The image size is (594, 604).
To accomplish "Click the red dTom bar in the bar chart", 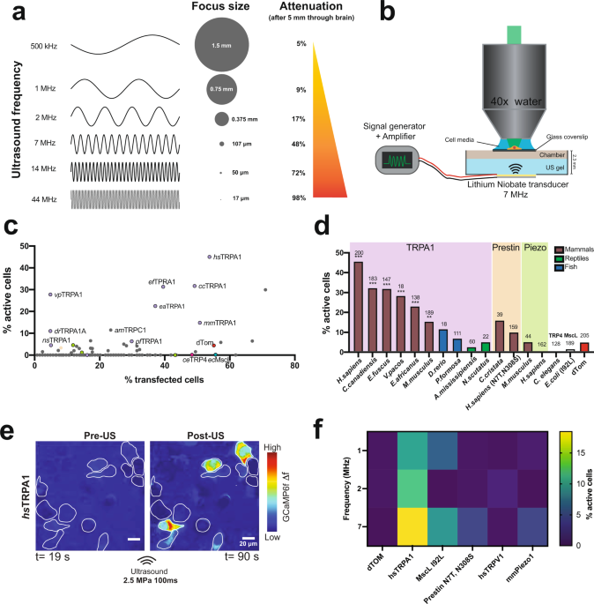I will [x=584, y=346].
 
